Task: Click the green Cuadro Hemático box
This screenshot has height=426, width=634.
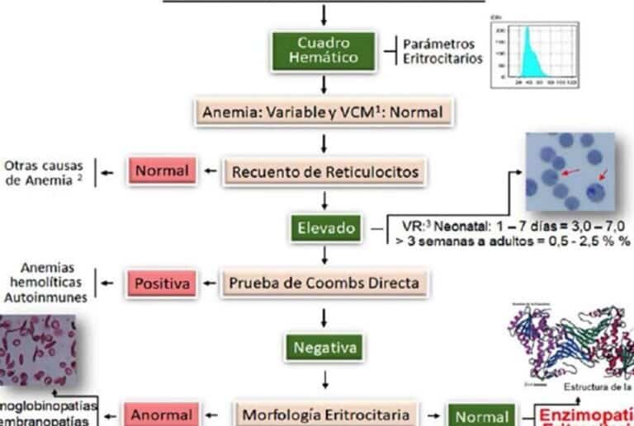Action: click(322, 49)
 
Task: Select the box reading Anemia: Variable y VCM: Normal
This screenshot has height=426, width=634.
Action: click(324, 111)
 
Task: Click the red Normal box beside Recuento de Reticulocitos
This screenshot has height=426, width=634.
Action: click(162, 171)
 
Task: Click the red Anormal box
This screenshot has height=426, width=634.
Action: click(162, 414)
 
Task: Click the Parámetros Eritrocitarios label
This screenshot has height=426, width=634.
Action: click(442, 51)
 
